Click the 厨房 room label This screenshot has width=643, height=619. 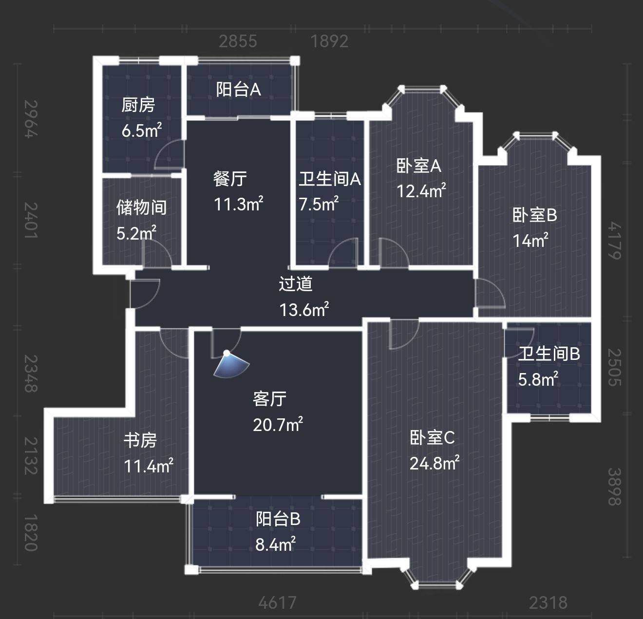[x=138, y=105]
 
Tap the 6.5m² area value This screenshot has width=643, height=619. [x=142, y=130]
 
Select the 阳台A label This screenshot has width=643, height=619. [x=239, y=89]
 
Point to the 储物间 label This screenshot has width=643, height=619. [x=141, y=207]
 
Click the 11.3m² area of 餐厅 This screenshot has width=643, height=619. [x=239, y=204]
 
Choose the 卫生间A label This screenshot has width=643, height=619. [x=330, y=179]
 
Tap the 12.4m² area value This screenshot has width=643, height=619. [x=421, y=190]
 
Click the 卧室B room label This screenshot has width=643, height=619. [x=535, y=215]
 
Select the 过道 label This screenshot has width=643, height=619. [x=296, y=283]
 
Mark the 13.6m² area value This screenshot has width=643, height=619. [x=304, y=309]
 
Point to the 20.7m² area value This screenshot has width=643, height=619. [x=278, y=425]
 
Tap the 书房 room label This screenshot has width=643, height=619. [x=140, y=440]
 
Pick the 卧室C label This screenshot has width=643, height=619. [x=432, y=437]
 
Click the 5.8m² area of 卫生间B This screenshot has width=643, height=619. [x=538, y=379]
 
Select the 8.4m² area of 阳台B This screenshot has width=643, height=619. [x=275, y=544]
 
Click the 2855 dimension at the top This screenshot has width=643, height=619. [x=238, y=41]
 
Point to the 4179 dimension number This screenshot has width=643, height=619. [x=615, y=241]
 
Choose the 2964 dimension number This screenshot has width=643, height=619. [x=31, y=119]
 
